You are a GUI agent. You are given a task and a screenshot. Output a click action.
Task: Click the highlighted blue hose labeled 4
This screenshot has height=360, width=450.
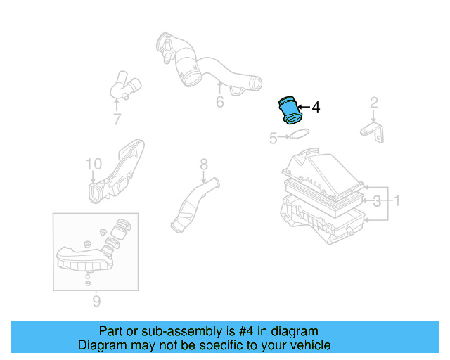click(290, 110)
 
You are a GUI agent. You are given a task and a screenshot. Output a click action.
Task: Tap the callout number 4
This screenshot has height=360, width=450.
click(316, 107)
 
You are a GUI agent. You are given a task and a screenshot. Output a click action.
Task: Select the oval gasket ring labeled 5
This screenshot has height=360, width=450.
click(300, 134)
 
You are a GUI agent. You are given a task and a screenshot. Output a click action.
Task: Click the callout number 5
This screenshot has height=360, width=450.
click(274, 138)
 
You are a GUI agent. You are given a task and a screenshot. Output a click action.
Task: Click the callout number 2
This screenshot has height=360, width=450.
click(373, 103)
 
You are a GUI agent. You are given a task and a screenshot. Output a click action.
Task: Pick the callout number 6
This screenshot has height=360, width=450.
click(220, 102)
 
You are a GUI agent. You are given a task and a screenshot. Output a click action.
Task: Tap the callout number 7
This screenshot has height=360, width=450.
click(117, 119)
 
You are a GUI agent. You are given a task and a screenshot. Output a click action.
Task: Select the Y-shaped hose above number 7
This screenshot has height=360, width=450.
click(125, 85)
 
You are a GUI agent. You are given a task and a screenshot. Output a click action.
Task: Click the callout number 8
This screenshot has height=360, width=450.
click(204, 165)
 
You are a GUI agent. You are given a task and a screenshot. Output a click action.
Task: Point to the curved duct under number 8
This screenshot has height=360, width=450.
click(195, 205)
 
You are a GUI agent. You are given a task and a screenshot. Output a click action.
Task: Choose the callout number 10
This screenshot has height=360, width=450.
click(94, 164)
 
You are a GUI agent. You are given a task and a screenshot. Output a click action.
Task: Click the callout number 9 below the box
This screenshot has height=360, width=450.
click(96, 301)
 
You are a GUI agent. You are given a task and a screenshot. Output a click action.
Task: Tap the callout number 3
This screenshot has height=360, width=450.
click(377, 201)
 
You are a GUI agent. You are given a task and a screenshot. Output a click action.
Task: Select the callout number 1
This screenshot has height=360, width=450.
click(397, 200)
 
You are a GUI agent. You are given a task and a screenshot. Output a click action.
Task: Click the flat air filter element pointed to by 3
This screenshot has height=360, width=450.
click(323, 198)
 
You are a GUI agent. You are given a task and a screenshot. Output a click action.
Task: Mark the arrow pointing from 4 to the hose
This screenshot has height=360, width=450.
click(304, 107)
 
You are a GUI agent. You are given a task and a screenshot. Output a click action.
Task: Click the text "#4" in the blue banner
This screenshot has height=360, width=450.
click(246, 331)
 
